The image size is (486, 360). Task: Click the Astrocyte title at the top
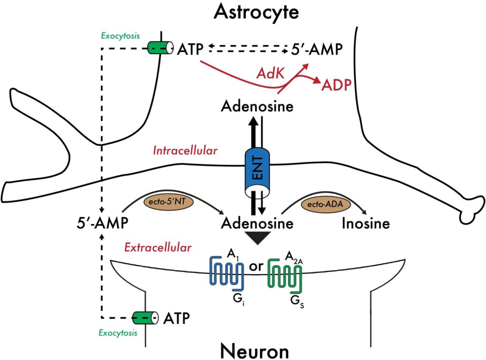[x=256, y=12]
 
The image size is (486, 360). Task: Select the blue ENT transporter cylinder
[x=257, y=173]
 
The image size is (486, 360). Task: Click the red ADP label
[x=337, y=85]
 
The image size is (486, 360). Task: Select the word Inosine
[x=366, y=223]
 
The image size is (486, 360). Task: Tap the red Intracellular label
[x=185, y=151]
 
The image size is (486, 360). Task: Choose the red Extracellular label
[x=158, y=247]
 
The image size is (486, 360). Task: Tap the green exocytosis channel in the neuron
[x=146, y=317]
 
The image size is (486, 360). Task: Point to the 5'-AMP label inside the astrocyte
[x=313, y=48]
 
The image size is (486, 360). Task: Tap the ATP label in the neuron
[x=177, y=317]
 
